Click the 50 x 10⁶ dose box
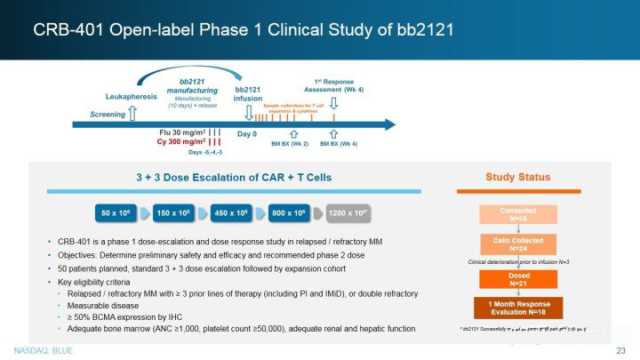click(x=116, y=213)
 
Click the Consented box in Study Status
click(x=517, y=214)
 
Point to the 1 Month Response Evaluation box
click(x=517, y=308)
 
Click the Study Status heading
click(x=517, y=177)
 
